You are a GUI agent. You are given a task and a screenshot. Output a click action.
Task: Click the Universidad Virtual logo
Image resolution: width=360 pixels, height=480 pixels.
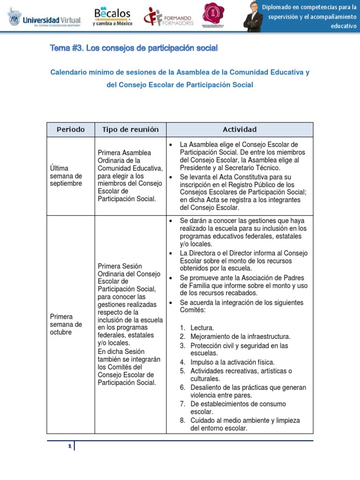45,18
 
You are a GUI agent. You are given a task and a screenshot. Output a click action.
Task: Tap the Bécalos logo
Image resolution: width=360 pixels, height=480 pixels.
112,16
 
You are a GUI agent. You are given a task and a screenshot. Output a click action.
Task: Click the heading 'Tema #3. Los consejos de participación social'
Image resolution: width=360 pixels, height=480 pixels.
134,48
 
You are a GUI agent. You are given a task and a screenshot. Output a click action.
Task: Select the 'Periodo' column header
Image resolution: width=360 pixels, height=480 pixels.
71,129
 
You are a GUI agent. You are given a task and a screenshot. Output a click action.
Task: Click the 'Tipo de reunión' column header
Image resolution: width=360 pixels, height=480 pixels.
130,129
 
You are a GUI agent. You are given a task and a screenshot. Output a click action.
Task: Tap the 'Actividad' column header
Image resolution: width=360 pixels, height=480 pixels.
240,129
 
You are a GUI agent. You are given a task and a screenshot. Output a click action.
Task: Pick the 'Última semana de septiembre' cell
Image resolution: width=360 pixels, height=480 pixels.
66,176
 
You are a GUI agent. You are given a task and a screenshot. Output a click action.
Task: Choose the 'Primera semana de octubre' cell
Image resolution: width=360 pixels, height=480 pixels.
66,324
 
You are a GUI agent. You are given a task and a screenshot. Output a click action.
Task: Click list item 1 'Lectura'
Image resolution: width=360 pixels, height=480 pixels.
202,328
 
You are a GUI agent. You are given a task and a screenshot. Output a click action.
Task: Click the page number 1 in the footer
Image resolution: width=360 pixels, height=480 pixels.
69,447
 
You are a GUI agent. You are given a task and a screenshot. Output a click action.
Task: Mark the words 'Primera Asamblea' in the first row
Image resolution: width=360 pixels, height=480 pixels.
124,153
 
